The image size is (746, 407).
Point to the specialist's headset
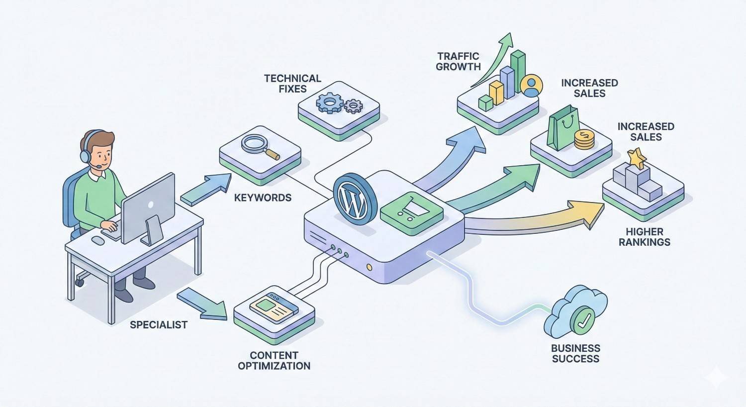[x=87, y=149]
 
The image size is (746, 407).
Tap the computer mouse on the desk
[x=98, y=240]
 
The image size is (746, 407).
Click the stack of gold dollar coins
[x=584, y=139]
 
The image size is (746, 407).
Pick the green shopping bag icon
[x=562, y=129]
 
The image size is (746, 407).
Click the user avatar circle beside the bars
[x=532, y=86]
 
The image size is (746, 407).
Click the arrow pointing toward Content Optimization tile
[x=201, y=303]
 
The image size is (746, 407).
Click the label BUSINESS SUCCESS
[x=575, y=353]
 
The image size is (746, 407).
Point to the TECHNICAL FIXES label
[x=292, y=84]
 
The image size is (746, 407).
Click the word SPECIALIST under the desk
[x=159, y=325]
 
